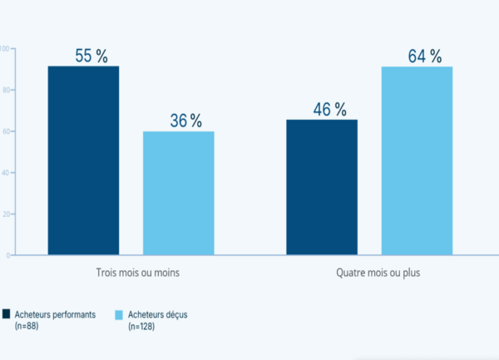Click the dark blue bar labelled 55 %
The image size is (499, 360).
[x=83, y=160]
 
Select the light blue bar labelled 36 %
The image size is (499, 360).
[x=178, y=193]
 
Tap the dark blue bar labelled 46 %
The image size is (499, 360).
[x=322, y=187]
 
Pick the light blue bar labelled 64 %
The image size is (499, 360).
[x=417, y=160]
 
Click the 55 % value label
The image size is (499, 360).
[x=91, y=57]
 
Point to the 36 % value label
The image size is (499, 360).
[x=185, y=121]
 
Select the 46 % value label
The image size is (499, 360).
[x=329, y=110]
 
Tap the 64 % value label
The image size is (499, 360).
[x=424, y=57]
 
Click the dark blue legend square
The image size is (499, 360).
[x=7, y=313]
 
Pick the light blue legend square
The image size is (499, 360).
[x=119, y=313]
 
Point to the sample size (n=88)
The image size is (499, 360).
[x=28, y=327]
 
